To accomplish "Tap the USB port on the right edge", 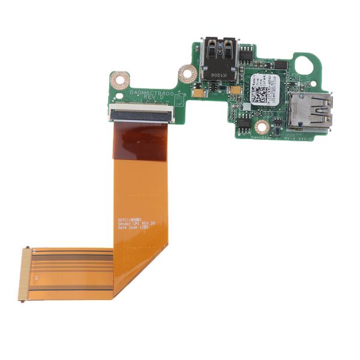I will pyautogui.click(x=310, y=112).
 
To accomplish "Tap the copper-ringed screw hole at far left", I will pyautogui.click(x=119, y=79).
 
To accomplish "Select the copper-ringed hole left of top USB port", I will pyautogui.click(x=187, y=74).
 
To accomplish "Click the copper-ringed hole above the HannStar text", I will pyautogui.click(x=262, y=126).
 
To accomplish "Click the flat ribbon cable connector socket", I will pyautogui.click(x=142, y=113).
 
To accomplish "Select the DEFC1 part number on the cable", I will pyautogui.click(x=131, y=219).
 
